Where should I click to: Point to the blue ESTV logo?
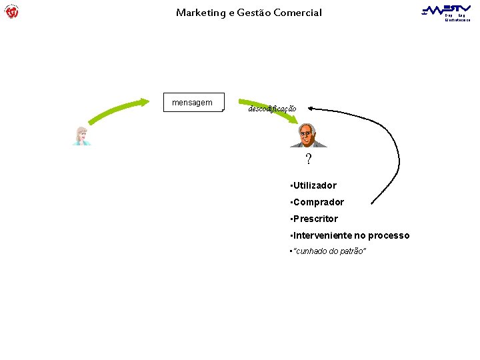coord(446,9)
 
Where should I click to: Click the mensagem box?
coord(193,102)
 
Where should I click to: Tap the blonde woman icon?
coord(82,135)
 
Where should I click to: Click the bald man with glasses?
coord(306,135)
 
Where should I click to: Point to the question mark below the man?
coord(308,159)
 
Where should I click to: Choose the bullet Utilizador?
coord(313,185)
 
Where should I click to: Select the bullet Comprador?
coord(317,202)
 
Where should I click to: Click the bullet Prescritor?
coord(314,219)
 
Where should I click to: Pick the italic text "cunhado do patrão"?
coord(329,251)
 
